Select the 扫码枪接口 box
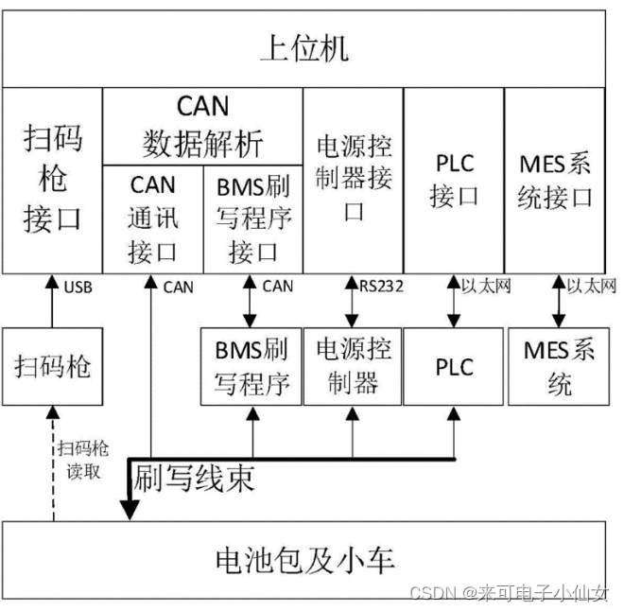(x=52, y=180)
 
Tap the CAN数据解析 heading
(x=202, y=125)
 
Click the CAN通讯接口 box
(x=152, y=218)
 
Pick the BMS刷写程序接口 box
(x=253, y=218)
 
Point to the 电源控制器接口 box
(x=354, y=179)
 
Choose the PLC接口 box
(x=454, y=180)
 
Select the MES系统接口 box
(x=556, y=180)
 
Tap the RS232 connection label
(x=382, y=286)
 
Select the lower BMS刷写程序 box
(x=251, y=366)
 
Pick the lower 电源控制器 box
(x=353, y=366)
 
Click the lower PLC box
(x=454, y=367)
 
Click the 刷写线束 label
(x=195, y=480)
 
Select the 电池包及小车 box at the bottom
(x=303, y=560)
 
